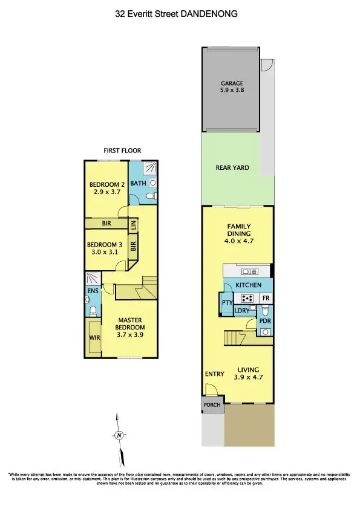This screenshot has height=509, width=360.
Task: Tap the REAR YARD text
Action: tap(232, 168)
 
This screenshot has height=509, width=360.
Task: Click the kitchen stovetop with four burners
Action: tap(247, 298)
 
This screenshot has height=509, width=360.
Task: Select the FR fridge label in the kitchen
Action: tap(265, 298)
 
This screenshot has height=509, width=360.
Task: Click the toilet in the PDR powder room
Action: tap(266, 332)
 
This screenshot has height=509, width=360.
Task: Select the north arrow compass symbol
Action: tap(119, 435)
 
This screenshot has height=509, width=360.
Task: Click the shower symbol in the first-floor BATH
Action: tap(151, 170)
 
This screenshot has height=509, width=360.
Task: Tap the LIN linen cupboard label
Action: tap(134, 224)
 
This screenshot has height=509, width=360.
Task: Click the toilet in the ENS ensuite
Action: tap(92, 312)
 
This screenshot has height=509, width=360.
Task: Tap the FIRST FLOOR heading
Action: tap(123, 151)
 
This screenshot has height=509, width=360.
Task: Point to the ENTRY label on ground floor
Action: tap(214, 374)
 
